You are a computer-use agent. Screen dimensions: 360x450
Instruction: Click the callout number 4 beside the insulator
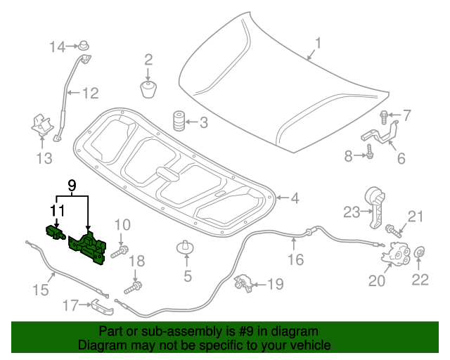pos(295,199)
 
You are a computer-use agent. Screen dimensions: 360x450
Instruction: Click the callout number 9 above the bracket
pos(71,186)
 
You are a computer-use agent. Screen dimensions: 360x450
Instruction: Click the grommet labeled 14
pos(85,46)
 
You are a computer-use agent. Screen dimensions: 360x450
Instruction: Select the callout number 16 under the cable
pos(295,259)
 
